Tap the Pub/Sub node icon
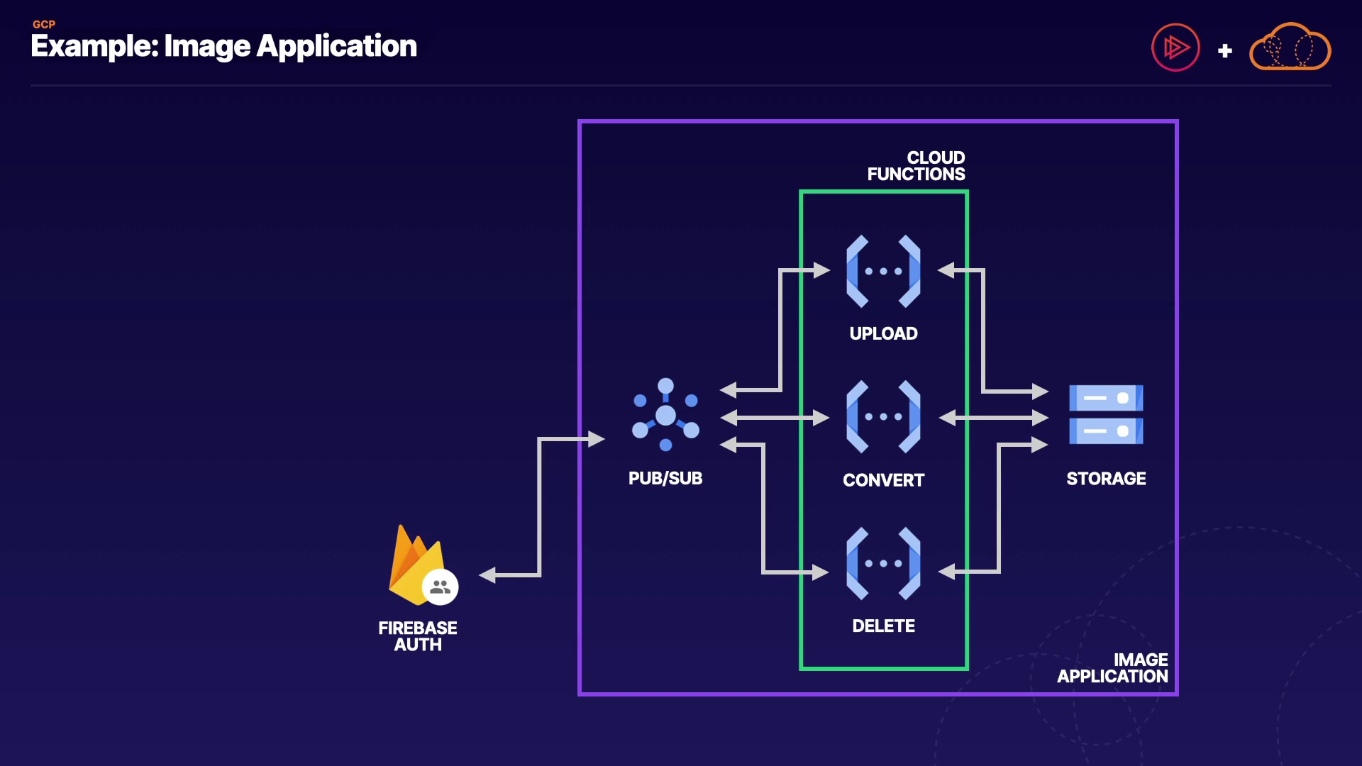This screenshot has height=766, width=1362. [665, 415]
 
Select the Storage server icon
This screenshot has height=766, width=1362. [1106, 415]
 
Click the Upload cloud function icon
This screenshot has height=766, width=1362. [883, 271]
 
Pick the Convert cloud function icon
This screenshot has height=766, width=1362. [883, 417]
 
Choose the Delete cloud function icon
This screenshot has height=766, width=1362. [883, 564]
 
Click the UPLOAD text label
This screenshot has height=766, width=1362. [883, 333]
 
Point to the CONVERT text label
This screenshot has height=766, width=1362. [883, 480]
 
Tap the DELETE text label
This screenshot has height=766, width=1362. [883, 626]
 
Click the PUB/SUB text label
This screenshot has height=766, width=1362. [665, 479]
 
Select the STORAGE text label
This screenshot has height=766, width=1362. [1106, 479]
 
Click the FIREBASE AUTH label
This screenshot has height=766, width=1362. [418, 636]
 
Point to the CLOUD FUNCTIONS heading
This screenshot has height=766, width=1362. [916, 166]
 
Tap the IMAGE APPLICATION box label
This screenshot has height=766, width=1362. [1112, 668]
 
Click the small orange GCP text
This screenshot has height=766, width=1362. [44, 24]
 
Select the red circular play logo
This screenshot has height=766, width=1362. [1175, 48]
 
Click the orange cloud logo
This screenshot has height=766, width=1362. [1290, 48]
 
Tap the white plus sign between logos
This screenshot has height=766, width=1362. [1224, 51]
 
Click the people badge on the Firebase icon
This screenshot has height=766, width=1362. [441, 587]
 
